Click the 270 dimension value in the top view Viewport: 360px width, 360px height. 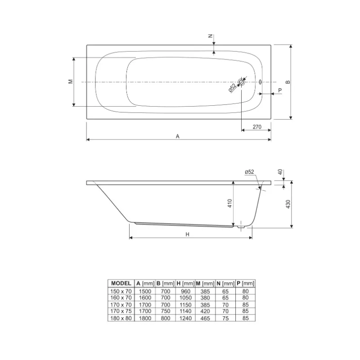click(257, 127)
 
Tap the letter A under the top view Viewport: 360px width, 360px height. click(177, 136)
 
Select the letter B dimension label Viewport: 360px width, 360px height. click(288, 82)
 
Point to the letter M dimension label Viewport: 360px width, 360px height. click(71, 81)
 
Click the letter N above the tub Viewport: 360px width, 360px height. click(210, 36)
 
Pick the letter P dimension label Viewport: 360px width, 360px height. click(280, 90)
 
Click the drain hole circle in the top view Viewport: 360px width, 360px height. click(241, 82)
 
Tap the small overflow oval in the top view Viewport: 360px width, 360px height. click(260, 82)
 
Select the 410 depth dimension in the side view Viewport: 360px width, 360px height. click(229, 203)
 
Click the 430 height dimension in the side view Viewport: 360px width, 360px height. click(288, 204)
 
